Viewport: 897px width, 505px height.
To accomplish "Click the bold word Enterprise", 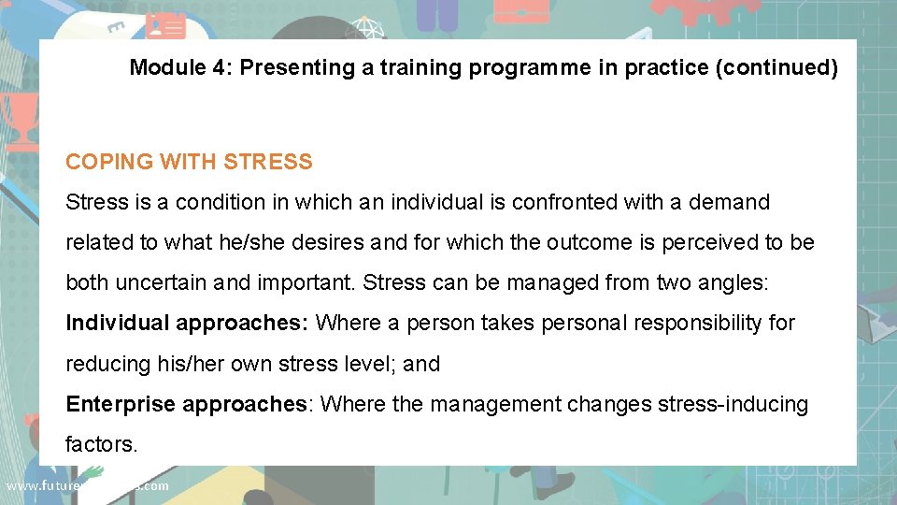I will (121, 404).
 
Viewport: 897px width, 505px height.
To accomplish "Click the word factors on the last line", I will (101, 444).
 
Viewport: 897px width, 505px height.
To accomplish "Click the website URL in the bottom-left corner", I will (87, 485).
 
